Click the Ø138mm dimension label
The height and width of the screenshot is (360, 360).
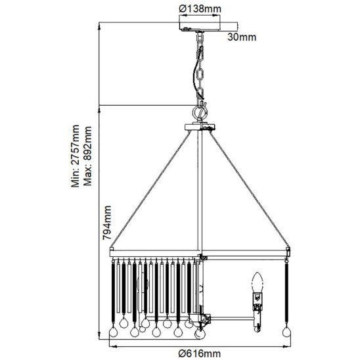pos(200,9)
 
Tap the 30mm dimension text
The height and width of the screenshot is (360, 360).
pos(242,37)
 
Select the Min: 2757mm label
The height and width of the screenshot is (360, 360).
pos(75,156)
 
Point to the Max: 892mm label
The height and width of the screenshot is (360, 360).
pos(87,156)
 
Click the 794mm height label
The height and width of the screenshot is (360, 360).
pos(107,223)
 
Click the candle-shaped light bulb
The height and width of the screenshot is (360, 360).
pos(258,282)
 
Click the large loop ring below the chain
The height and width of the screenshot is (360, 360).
pos(200,112)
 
